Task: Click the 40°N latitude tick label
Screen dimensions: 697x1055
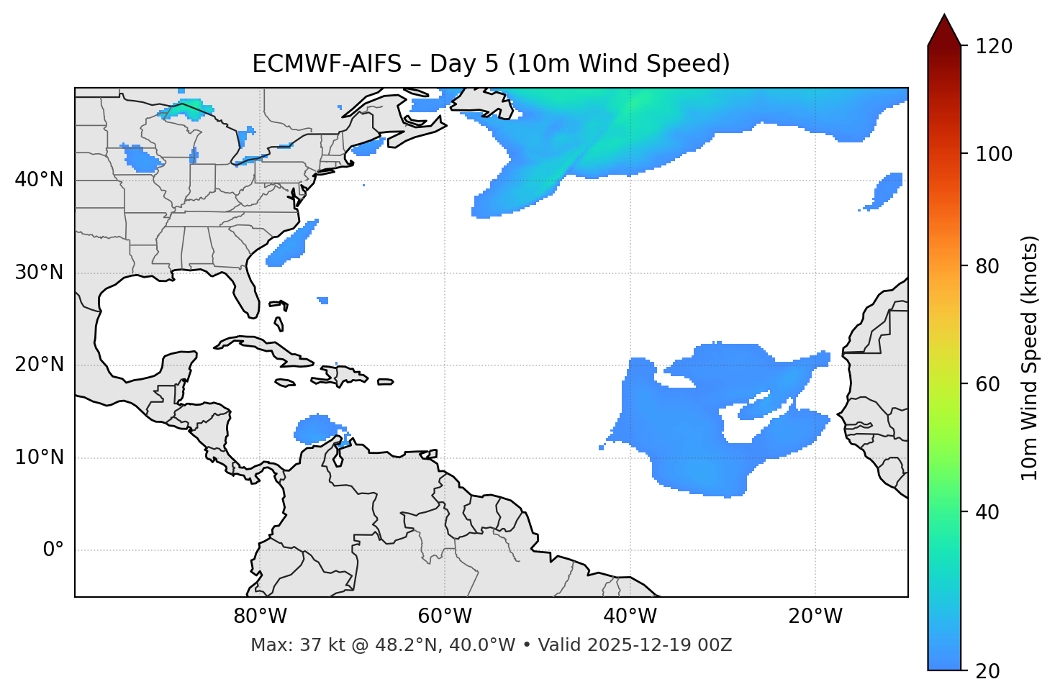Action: click(x=39, y=180)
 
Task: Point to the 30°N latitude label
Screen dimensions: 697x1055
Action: click(x=39, y=273)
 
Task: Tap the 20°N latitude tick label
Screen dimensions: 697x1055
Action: click(x=39, y=365)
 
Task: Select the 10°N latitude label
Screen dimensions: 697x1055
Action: click(x=39, y=457)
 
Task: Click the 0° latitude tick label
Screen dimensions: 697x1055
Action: click(x=53, y=550)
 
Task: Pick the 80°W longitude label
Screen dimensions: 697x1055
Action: click(x=260, y=616)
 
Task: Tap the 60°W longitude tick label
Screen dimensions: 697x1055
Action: click(x=445, y=616)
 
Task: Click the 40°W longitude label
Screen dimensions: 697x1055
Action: click(x=630, y=616)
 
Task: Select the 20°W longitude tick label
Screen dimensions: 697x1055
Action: click(x=815, y=616)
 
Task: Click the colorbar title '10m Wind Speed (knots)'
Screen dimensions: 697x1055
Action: click(x=1030, y=357)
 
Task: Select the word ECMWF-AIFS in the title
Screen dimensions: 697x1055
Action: click(x=327, y=64)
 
